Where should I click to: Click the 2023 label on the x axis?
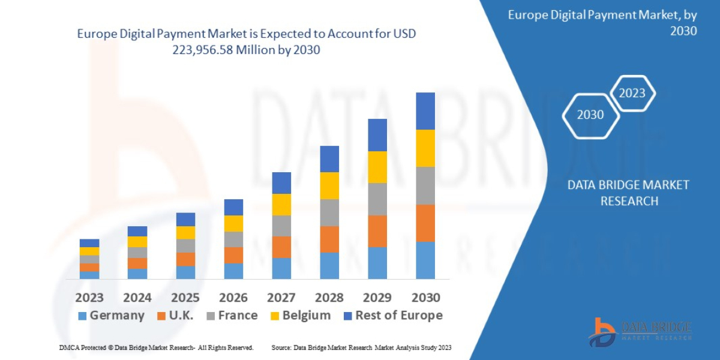click(89, 297)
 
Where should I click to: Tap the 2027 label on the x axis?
click(281, 297)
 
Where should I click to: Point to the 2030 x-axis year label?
click(425, 297)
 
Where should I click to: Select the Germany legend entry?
click(112, 316)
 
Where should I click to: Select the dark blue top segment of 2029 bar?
click(377, 135)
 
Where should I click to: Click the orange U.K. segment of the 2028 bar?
click(329, 239)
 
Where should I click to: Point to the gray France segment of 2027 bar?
click(281, 226)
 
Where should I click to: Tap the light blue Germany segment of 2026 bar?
click(233, 271)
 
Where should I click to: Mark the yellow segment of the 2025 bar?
click(185, 232)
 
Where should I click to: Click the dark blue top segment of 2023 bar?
click(89, 243)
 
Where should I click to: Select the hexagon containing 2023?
click(632, 93)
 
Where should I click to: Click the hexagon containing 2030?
click(590, 115)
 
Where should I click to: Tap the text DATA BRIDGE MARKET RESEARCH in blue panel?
click(628, 193)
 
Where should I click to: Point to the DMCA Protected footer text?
click(156, 347)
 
